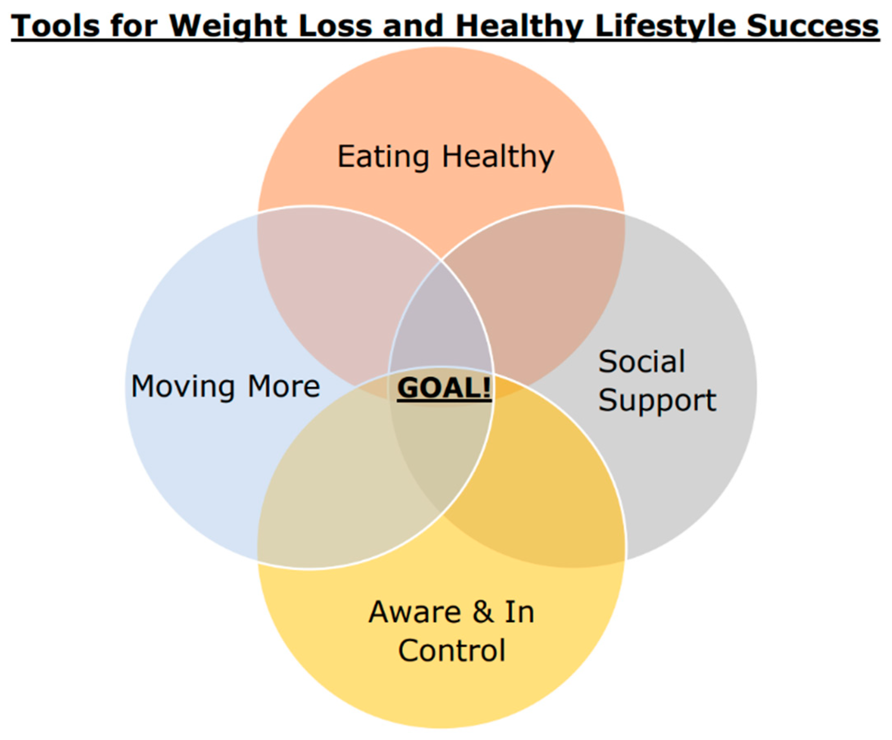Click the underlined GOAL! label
point(444,388)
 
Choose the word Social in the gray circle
point(641,361)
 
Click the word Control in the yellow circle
point(452,650)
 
